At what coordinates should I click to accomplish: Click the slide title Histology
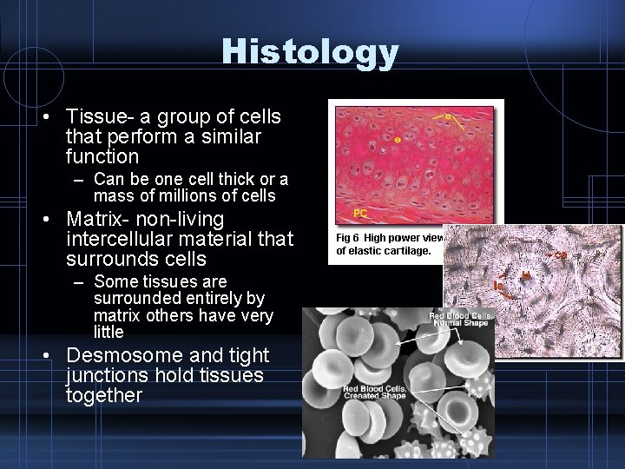[311, 52]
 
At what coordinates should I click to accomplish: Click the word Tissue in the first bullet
[96, 116]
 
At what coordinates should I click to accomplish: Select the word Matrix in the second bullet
[97, 218]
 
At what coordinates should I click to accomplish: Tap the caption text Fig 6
[352, 237]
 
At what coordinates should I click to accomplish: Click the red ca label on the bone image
[561, 254]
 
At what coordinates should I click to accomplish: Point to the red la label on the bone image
[499, 285]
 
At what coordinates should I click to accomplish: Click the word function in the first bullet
[102, 157]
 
